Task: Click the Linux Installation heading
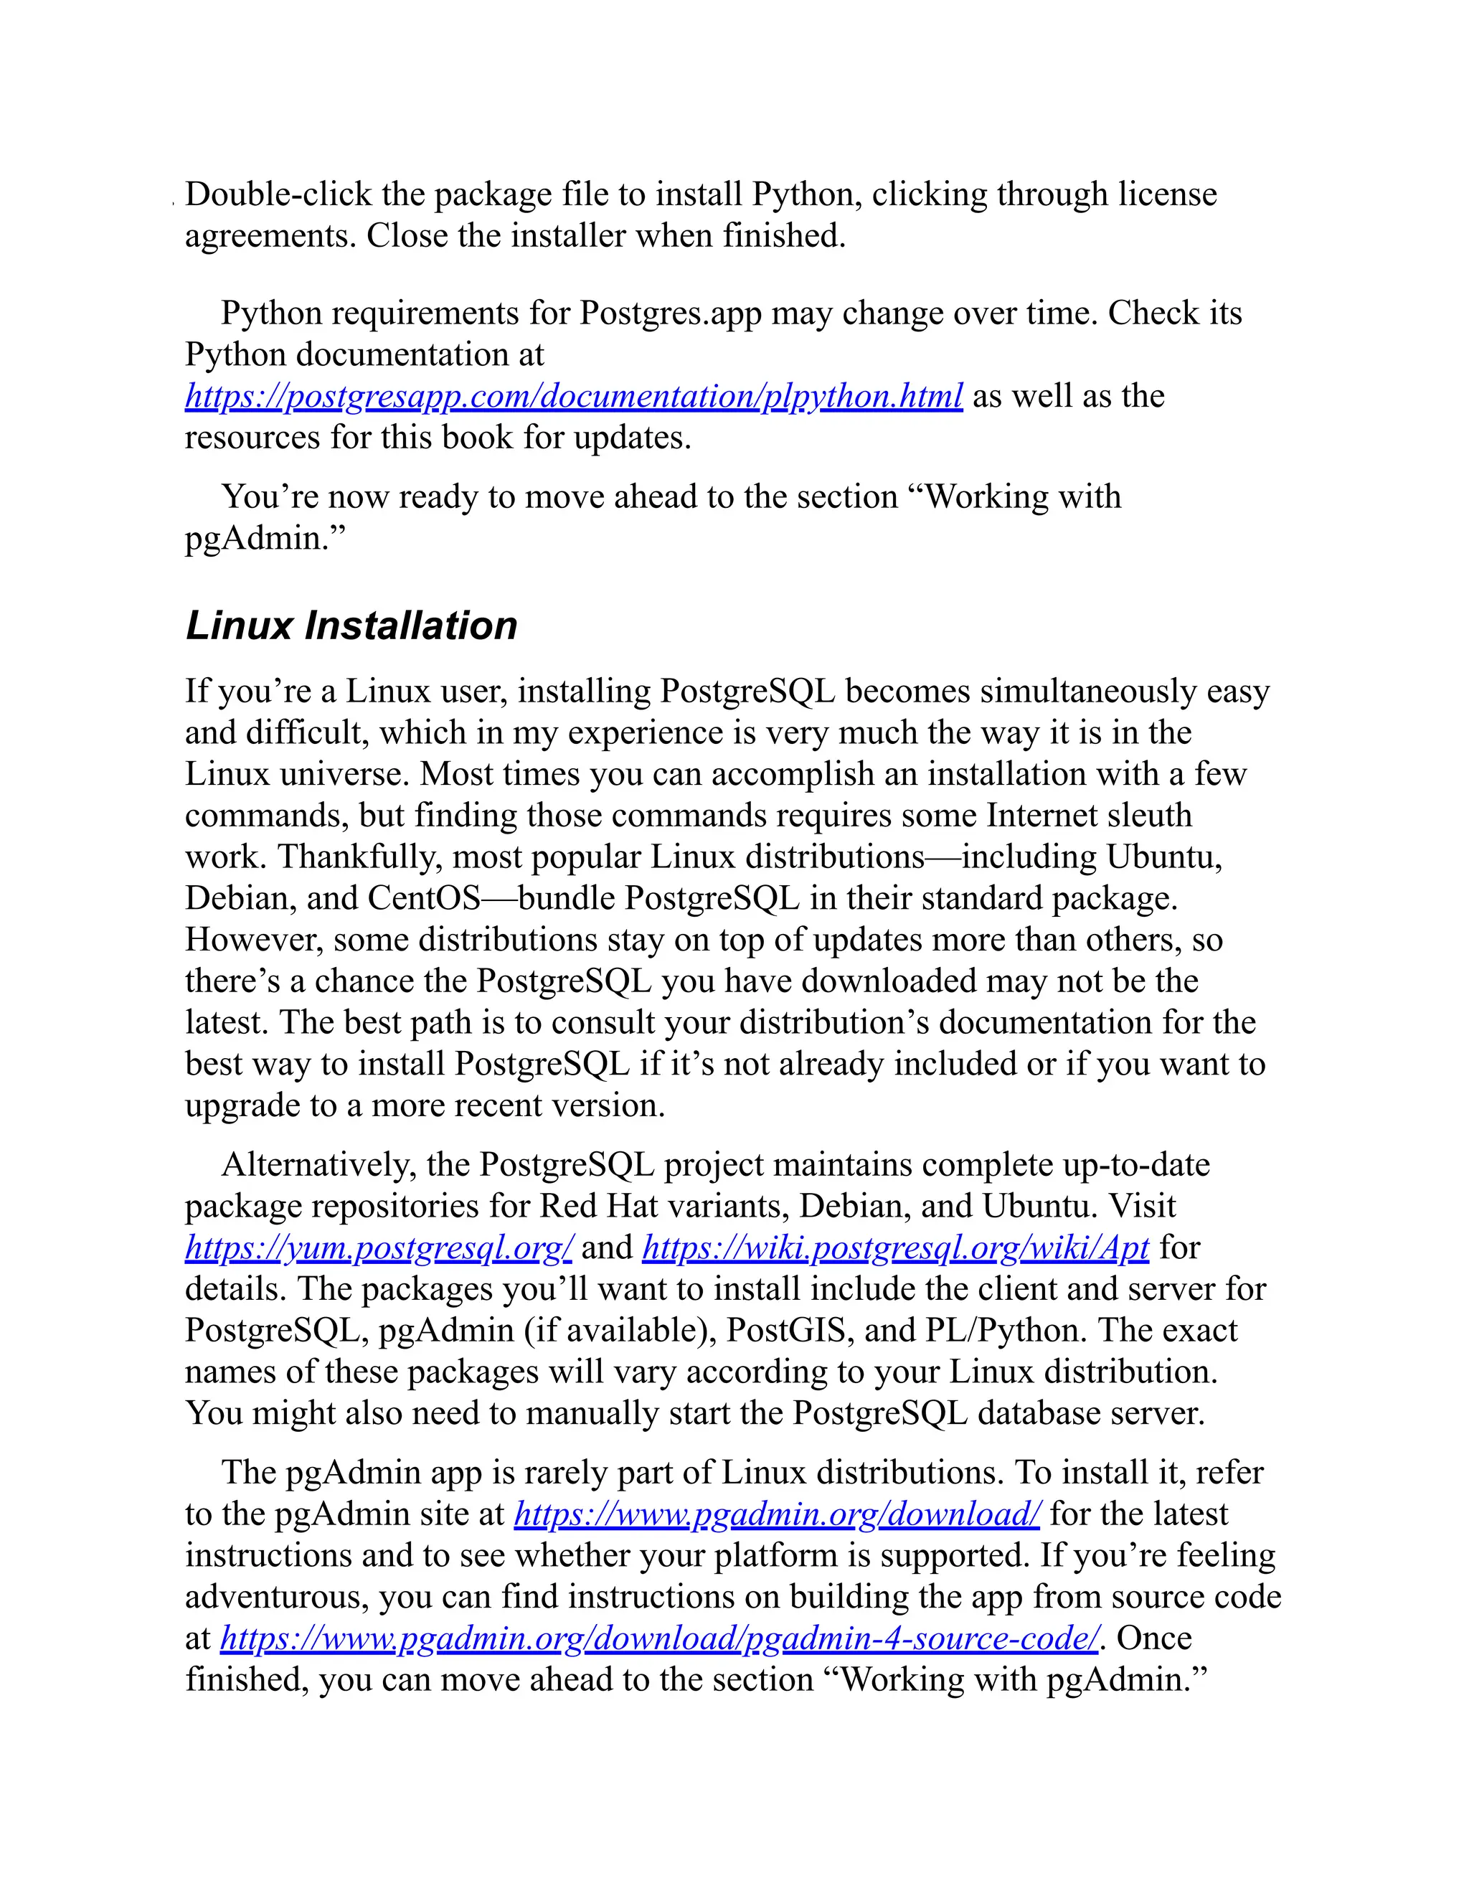coord(351,626)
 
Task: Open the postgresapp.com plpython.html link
coord(574,397)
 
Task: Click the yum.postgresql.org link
coord(379,1248)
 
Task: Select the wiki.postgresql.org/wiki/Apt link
coord(895,1248)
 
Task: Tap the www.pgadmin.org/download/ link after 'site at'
coord(777,1514)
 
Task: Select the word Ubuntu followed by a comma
coord(1163,857)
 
